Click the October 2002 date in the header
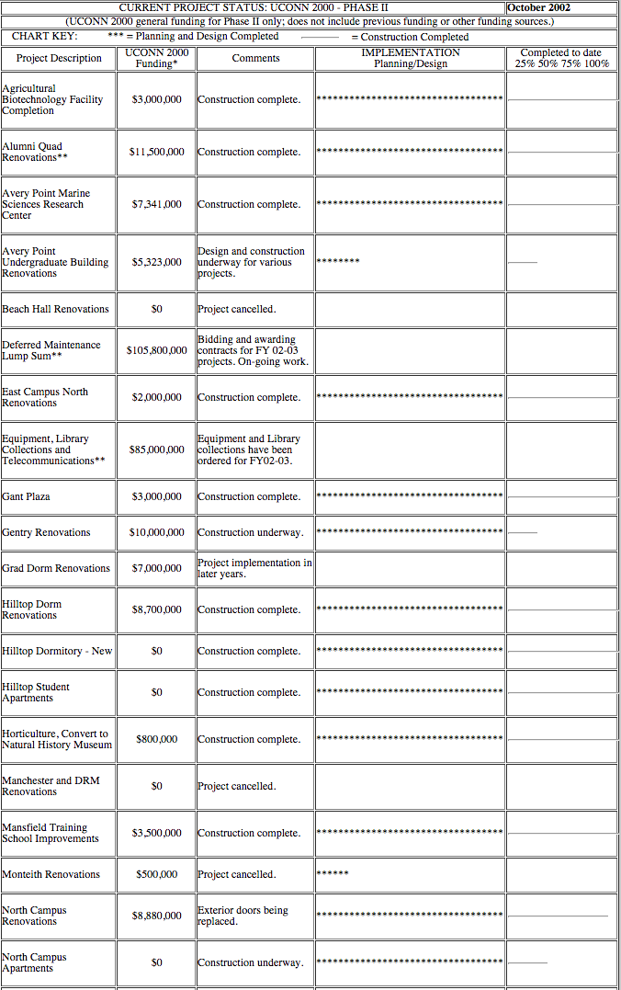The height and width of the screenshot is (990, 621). pyautogui.click(x=538, y=7)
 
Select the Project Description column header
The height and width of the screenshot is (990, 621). pyautogui.click(x=59, y=58)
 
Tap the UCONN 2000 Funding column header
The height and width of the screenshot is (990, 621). pyautogui.click(x=156, y=58)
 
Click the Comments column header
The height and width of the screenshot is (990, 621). pyautogui.click(x=255, y=58)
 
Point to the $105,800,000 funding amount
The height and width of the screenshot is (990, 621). pyautogui.click(x=156, y=350)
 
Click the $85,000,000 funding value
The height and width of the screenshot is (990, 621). pyautogui.click(x=156, y=449)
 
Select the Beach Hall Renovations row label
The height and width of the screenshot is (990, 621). pyautogui.click(x=55, y=309)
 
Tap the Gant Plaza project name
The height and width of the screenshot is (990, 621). pyautogui.click(x=26, y=496)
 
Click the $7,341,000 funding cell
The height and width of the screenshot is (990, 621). pyautogui.click(x=156, y=204)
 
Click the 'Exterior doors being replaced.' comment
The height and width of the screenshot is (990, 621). pyautogui.click(x=243, y=916)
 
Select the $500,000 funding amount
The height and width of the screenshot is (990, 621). pyautogui.click(x=156, y=874)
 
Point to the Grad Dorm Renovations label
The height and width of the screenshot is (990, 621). pyautogui.click(x=55, y=568)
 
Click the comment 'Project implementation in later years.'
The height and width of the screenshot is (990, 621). pyautogui.click(x=254, y=568)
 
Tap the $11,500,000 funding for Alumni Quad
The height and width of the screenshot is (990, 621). pyautogui.click(x=156, y=152)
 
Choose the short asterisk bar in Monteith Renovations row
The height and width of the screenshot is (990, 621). pyautogui.click(x=333, y=872)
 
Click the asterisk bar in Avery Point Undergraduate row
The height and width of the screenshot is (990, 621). pyautogui.click(x=338, y=261)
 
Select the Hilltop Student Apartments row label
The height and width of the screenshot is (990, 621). pyautogui.click(x=36, y=692)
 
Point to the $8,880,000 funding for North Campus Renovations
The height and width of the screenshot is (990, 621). pyautogui.click(x=156, y=916)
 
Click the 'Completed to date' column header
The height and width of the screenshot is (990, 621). pyautogui.click(x=561, y=58)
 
